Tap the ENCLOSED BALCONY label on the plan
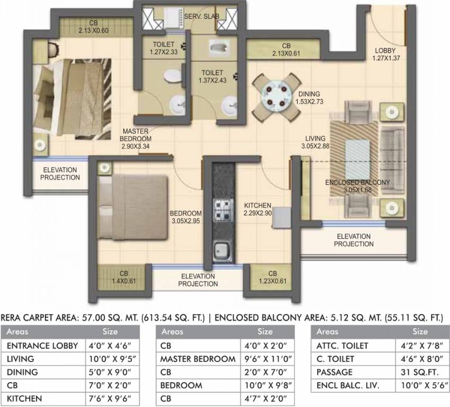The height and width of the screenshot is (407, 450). coord(357,186)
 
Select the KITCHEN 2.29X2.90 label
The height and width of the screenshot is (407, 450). coord(258,209)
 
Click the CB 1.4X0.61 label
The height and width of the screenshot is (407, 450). coord(123,278)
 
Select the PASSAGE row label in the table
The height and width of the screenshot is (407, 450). coord(334,372)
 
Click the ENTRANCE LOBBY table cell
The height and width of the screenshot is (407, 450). coord(43,346)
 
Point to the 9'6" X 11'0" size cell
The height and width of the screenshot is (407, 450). coord(265,359)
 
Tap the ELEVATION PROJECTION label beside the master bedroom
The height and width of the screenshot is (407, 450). coord(60,173)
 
